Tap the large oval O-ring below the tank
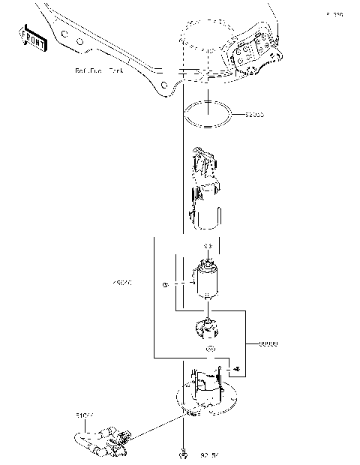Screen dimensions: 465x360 tap(206, 113)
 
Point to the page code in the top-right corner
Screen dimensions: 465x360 tap(334, 14)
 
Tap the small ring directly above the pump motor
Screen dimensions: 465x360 tap(208, 246)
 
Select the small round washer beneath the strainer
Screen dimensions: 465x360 tap(210, 350)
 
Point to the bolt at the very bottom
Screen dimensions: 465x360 tap(182, 454)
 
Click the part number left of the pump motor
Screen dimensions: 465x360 tap(121, 284)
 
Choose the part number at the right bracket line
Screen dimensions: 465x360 tap(268, 343)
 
